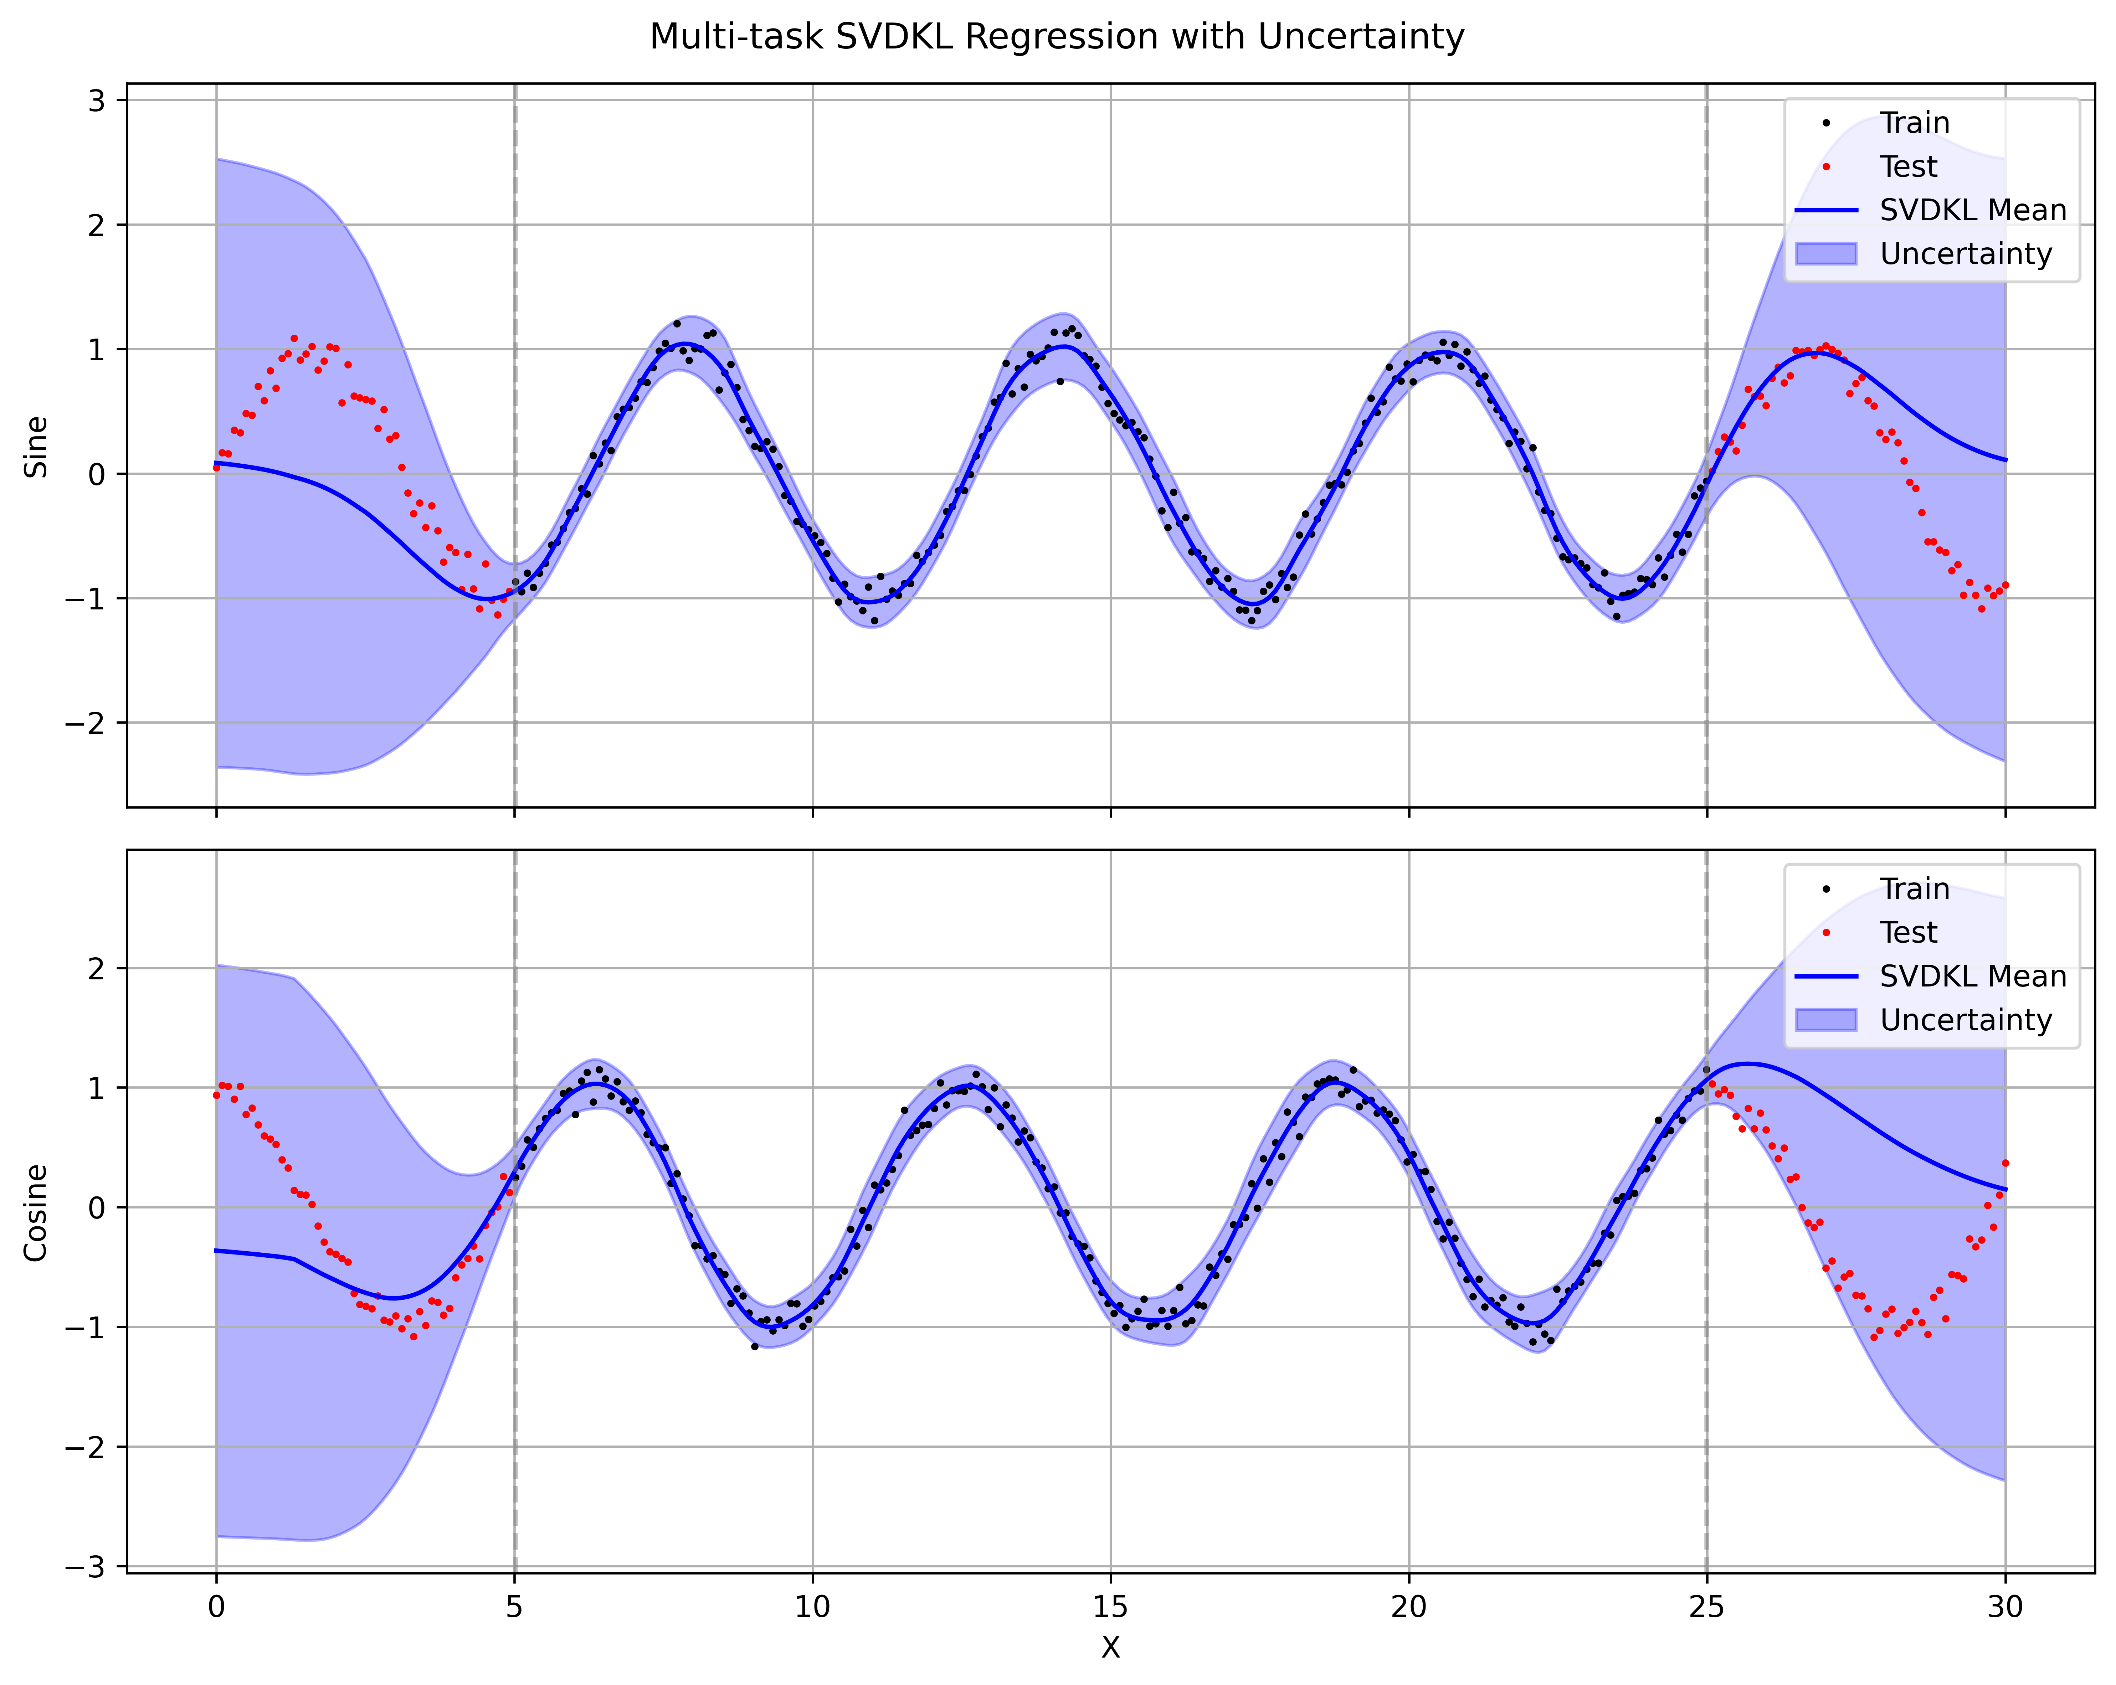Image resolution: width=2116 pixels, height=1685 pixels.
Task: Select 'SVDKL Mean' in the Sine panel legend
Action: [x=1973, y=210]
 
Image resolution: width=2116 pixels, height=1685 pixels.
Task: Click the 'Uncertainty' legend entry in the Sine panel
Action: [x=1966, y=254]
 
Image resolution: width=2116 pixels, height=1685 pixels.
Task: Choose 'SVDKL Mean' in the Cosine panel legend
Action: [x=1973, y=977]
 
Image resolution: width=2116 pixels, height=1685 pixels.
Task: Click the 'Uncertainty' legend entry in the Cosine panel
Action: [x=1966, y=1021]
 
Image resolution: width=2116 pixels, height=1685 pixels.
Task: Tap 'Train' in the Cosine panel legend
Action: [x=1914, y=889]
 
